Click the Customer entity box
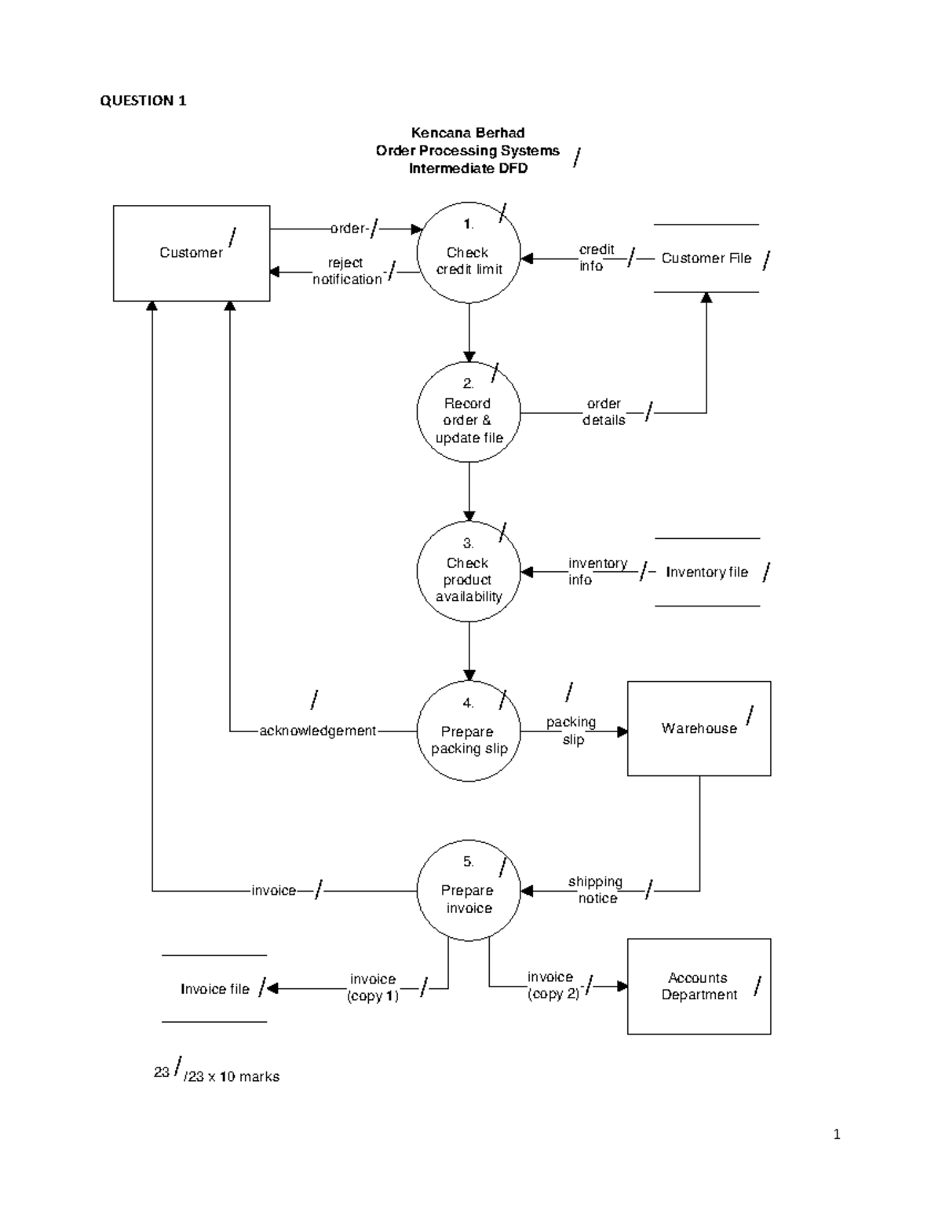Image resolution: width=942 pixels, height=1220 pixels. coord(191,253)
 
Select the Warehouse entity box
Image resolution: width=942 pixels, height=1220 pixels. coord(699,728)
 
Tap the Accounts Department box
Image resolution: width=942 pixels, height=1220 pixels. coord(699,986)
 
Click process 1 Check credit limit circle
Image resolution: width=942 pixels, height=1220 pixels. coord(469,253)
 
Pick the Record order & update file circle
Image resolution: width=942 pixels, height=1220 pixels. coord(469,412)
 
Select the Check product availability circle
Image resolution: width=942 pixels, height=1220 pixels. coord(469,572)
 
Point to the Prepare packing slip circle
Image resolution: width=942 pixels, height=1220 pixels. coord(469,731)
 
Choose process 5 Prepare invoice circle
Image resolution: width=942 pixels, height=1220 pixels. coord(469,891)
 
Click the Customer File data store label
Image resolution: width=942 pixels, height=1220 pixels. coord(706,258)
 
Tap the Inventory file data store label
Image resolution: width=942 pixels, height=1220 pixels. coord(706,573)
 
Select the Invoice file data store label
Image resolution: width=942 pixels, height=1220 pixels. coord(214,989)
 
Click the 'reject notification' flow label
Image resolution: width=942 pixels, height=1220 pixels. coord(346,271)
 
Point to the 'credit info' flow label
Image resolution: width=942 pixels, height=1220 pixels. coord(596,258)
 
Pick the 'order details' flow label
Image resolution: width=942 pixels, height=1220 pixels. coord(604,412)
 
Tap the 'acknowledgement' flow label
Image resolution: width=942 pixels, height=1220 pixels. coord(317,731)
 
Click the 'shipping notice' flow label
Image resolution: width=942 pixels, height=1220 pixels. coord(596,890)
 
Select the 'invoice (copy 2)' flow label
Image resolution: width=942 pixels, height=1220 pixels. coord(553,985)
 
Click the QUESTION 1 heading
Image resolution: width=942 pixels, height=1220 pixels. coord(143,101)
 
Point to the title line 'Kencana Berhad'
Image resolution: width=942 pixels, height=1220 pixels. coord(468,133)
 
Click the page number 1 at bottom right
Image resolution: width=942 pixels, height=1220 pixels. coord(837,1134)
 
